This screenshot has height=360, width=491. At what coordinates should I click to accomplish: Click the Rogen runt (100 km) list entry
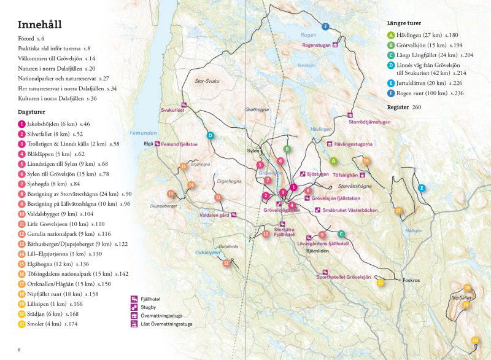tap(425, 93)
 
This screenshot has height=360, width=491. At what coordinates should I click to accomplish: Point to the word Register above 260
tap(400, 107)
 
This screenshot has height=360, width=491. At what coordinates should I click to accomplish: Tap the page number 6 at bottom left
tap(19, 350)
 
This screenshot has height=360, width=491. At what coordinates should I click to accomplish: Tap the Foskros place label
tap(411, 280)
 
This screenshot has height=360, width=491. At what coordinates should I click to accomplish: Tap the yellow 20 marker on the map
tap(474, 340)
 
